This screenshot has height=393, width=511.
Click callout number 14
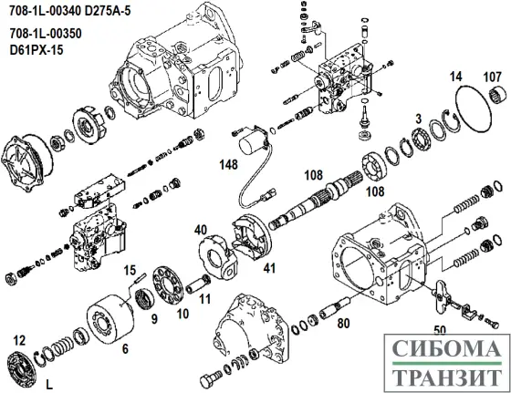pyautogui.click(x=455, y=78)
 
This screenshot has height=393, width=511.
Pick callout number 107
pyautogui.click(x=492, y=77)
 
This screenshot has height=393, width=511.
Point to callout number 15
pyautogui.click(x=130, y=270)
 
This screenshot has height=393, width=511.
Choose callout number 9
pyautogui.click(x=153, y=318)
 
